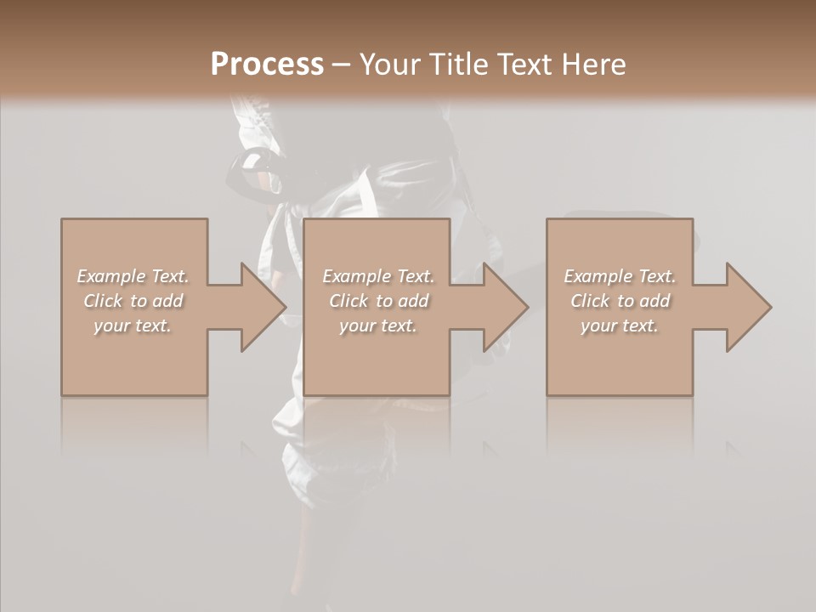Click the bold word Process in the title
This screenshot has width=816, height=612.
point(267,65)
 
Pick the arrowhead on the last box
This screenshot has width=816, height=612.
point(748,307)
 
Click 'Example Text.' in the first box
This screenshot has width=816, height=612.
point(133,276)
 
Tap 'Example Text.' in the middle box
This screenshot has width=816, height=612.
point(378,276)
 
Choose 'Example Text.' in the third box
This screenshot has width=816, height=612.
point(620,276)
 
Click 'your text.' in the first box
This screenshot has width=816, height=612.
point(133,326)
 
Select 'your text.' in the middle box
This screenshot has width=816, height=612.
point(378,326)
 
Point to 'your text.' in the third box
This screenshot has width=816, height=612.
point(620,326)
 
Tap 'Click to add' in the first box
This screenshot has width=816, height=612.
point(133,301)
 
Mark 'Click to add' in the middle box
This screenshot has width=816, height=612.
point(378,301)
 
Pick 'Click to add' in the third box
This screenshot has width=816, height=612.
point(620,301)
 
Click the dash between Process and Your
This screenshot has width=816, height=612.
point(341,65)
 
